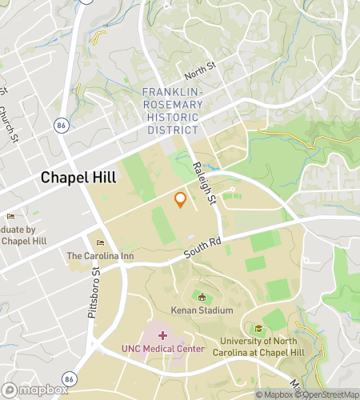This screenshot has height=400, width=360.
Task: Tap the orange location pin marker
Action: pyautogui.click(x=181, y=200)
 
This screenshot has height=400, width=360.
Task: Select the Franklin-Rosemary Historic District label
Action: pyautogui.click(x=170, y=111)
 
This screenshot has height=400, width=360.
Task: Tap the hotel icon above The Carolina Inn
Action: pyautogui.click(x=100, y=243)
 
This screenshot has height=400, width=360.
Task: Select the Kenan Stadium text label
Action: pyautogui.click(x=202, y=310)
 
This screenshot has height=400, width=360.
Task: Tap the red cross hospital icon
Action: pyautogui.click(x=163, y=335)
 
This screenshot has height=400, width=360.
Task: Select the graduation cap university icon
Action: pyautogui.click(x=258, y=329)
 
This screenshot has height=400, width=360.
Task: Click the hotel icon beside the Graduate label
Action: pyautogui.click(x=10, y=216)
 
